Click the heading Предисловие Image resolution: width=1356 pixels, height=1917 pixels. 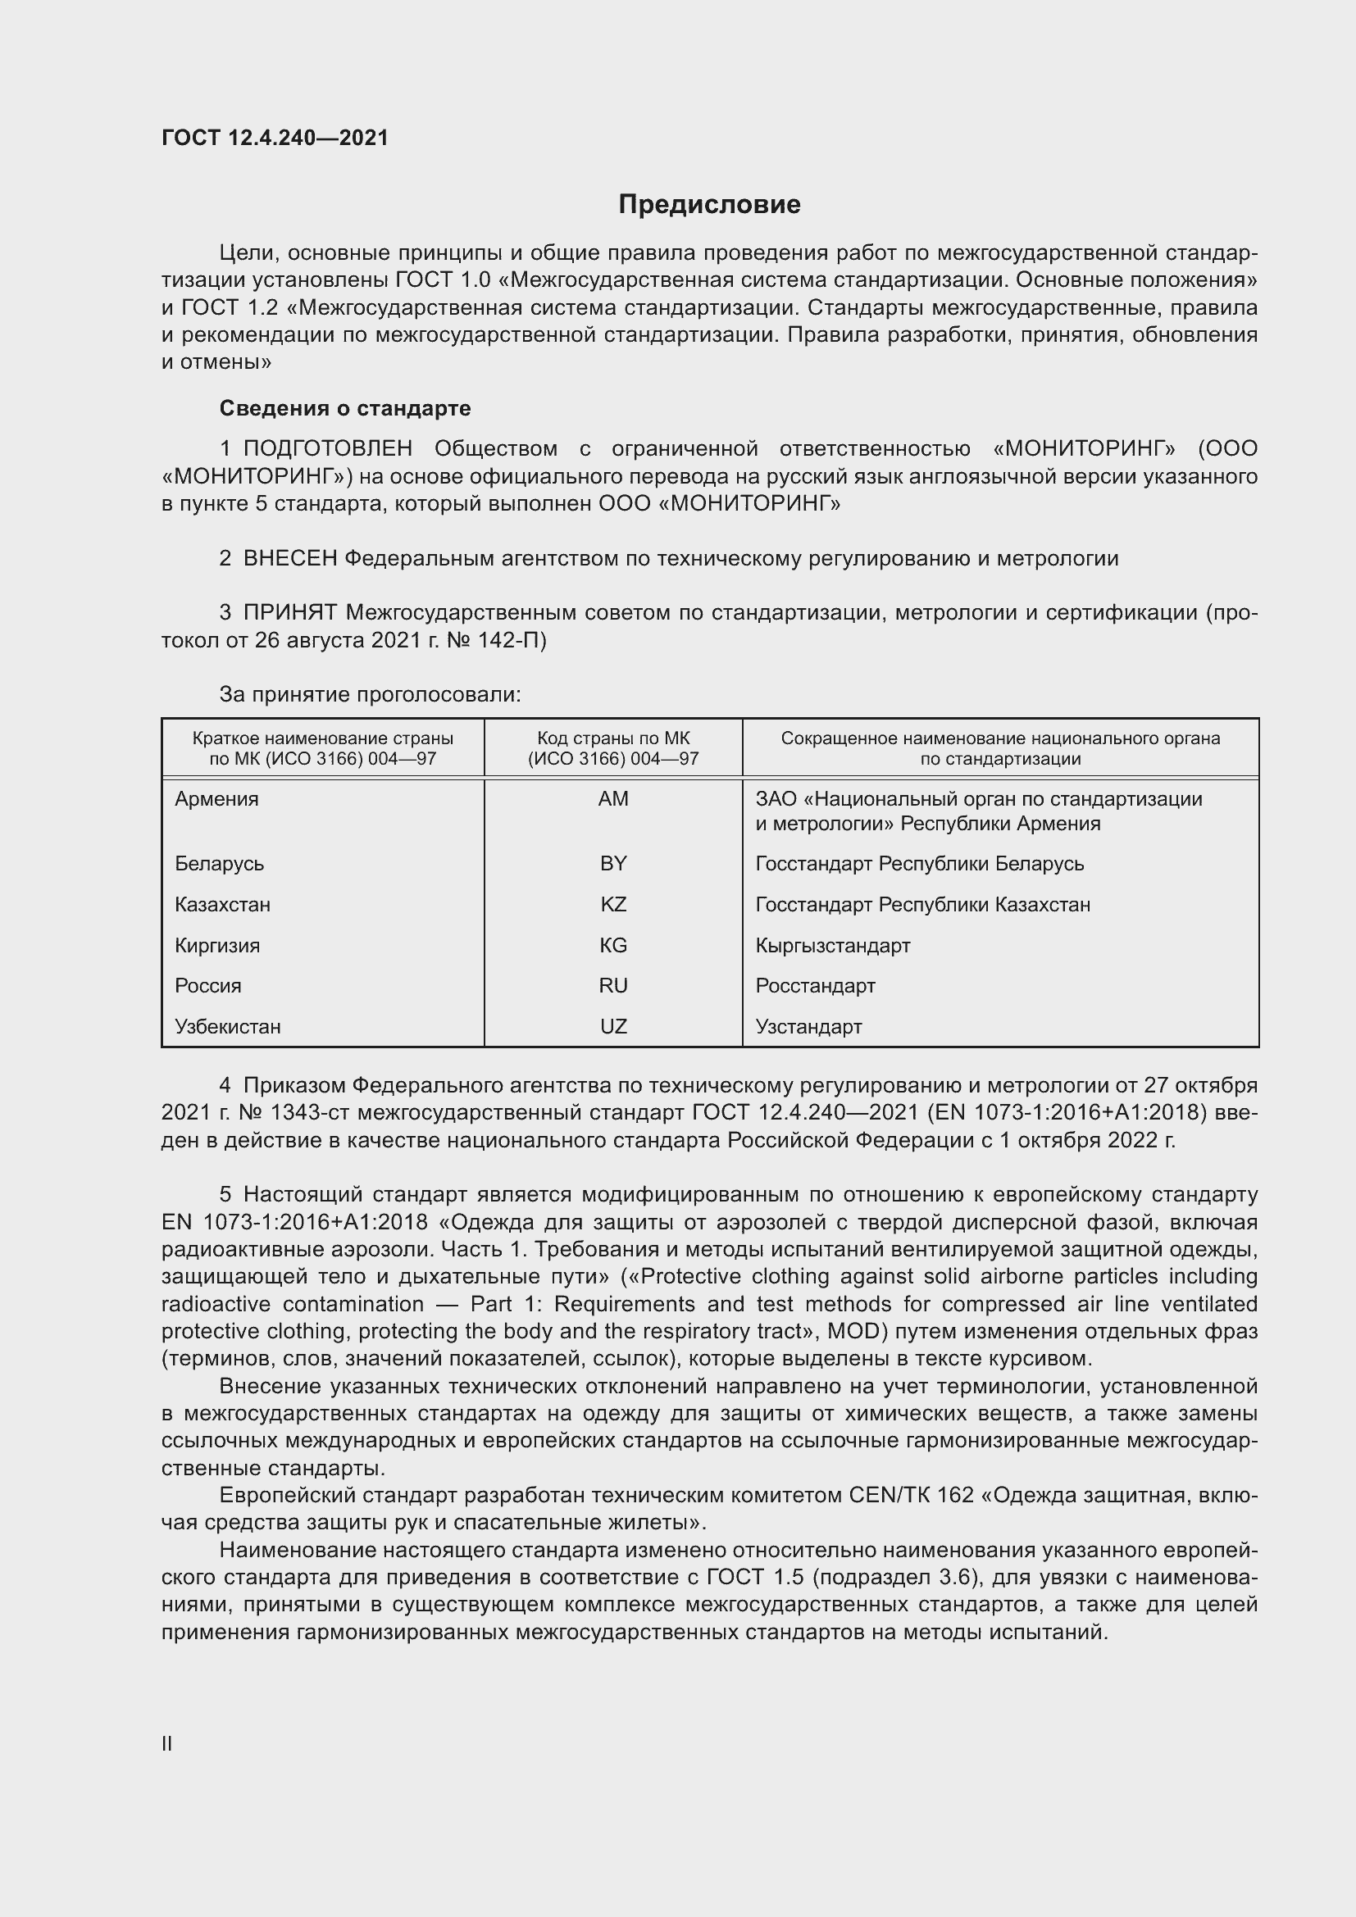click(x=709, y=205)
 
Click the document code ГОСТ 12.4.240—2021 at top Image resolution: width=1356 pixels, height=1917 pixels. click(x=275, y=138)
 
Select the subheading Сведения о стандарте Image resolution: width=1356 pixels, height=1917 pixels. click(x=345, y=408)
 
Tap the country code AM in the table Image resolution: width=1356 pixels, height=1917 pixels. click(x=613, y=799)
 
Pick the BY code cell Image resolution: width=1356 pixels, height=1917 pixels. click(x=613, y=863)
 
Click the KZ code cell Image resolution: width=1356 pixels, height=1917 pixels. click(x=613, y=904)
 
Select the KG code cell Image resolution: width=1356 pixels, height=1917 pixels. click(x=613, y=945)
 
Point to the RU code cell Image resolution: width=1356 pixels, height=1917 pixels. click(x=613, y=985)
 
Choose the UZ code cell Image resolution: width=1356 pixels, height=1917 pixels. click(x=613, y=1026)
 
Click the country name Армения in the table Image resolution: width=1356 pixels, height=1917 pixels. click(x=216, y=799)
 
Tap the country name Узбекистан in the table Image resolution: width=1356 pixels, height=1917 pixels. click(x=227, y=1026)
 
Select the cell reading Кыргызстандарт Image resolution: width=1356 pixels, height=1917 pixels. click(x=832, y=945)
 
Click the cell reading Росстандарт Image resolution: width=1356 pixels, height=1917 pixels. click(x=815, y=985)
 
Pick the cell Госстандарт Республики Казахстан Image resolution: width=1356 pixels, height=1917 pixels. click(x=921, y=904)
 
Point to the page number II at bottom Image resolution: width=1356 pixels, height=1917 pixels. click(x=167, y=1743)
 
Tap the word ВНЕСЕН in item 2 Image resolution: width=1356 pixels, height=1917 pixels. click(x=289, y=559)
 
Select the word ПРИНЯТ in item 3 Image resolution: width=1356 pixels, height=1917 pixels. click(x=289, y=613)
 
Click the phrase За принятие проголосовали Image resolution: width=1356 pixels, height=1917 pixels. click(x=370, y=695)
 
